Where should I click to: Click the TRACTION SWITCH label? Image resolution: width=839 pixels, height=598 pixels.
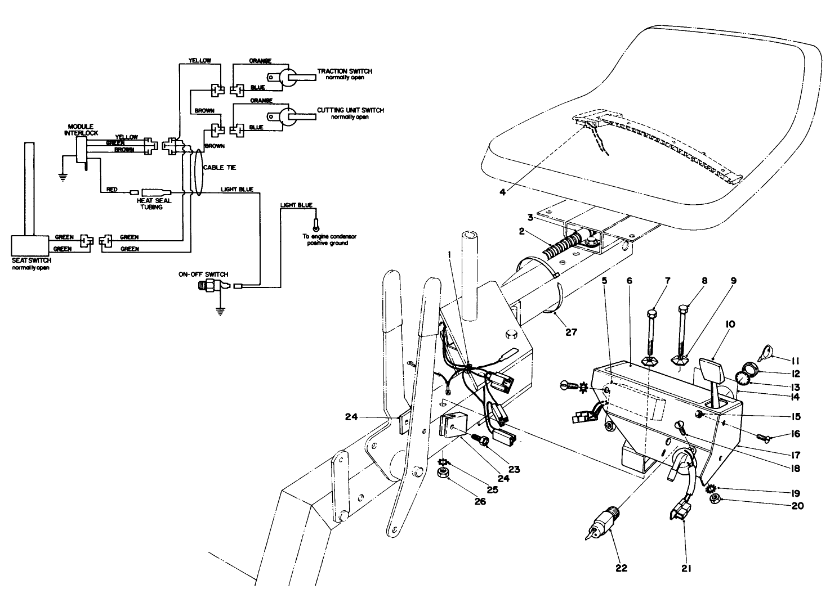pyautogui.click(x=345, y=71)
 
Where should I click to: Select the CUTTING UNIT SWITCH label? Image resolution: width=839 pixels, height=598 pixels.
pyautogui.click(x=350, y=110)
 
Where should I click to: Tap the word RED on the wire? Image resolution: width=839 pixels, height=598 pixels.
pyautogui.click(x=112, y=190)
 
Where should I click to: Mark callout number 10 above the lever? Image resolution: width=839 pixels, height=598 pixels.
pyautogui.click(x=715, y=325)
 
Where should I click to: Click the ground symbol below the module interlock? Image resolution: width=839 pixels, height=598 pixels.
pyautogui.click(x=63, y=176)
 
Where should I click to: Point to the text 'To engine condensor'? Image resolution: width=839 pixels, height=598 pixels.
pyautogui.click(x=325, y=237)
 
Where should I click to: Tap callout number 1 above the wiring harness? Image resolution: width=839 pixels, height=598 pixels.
pyautogui.click(x=449, y=255)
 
